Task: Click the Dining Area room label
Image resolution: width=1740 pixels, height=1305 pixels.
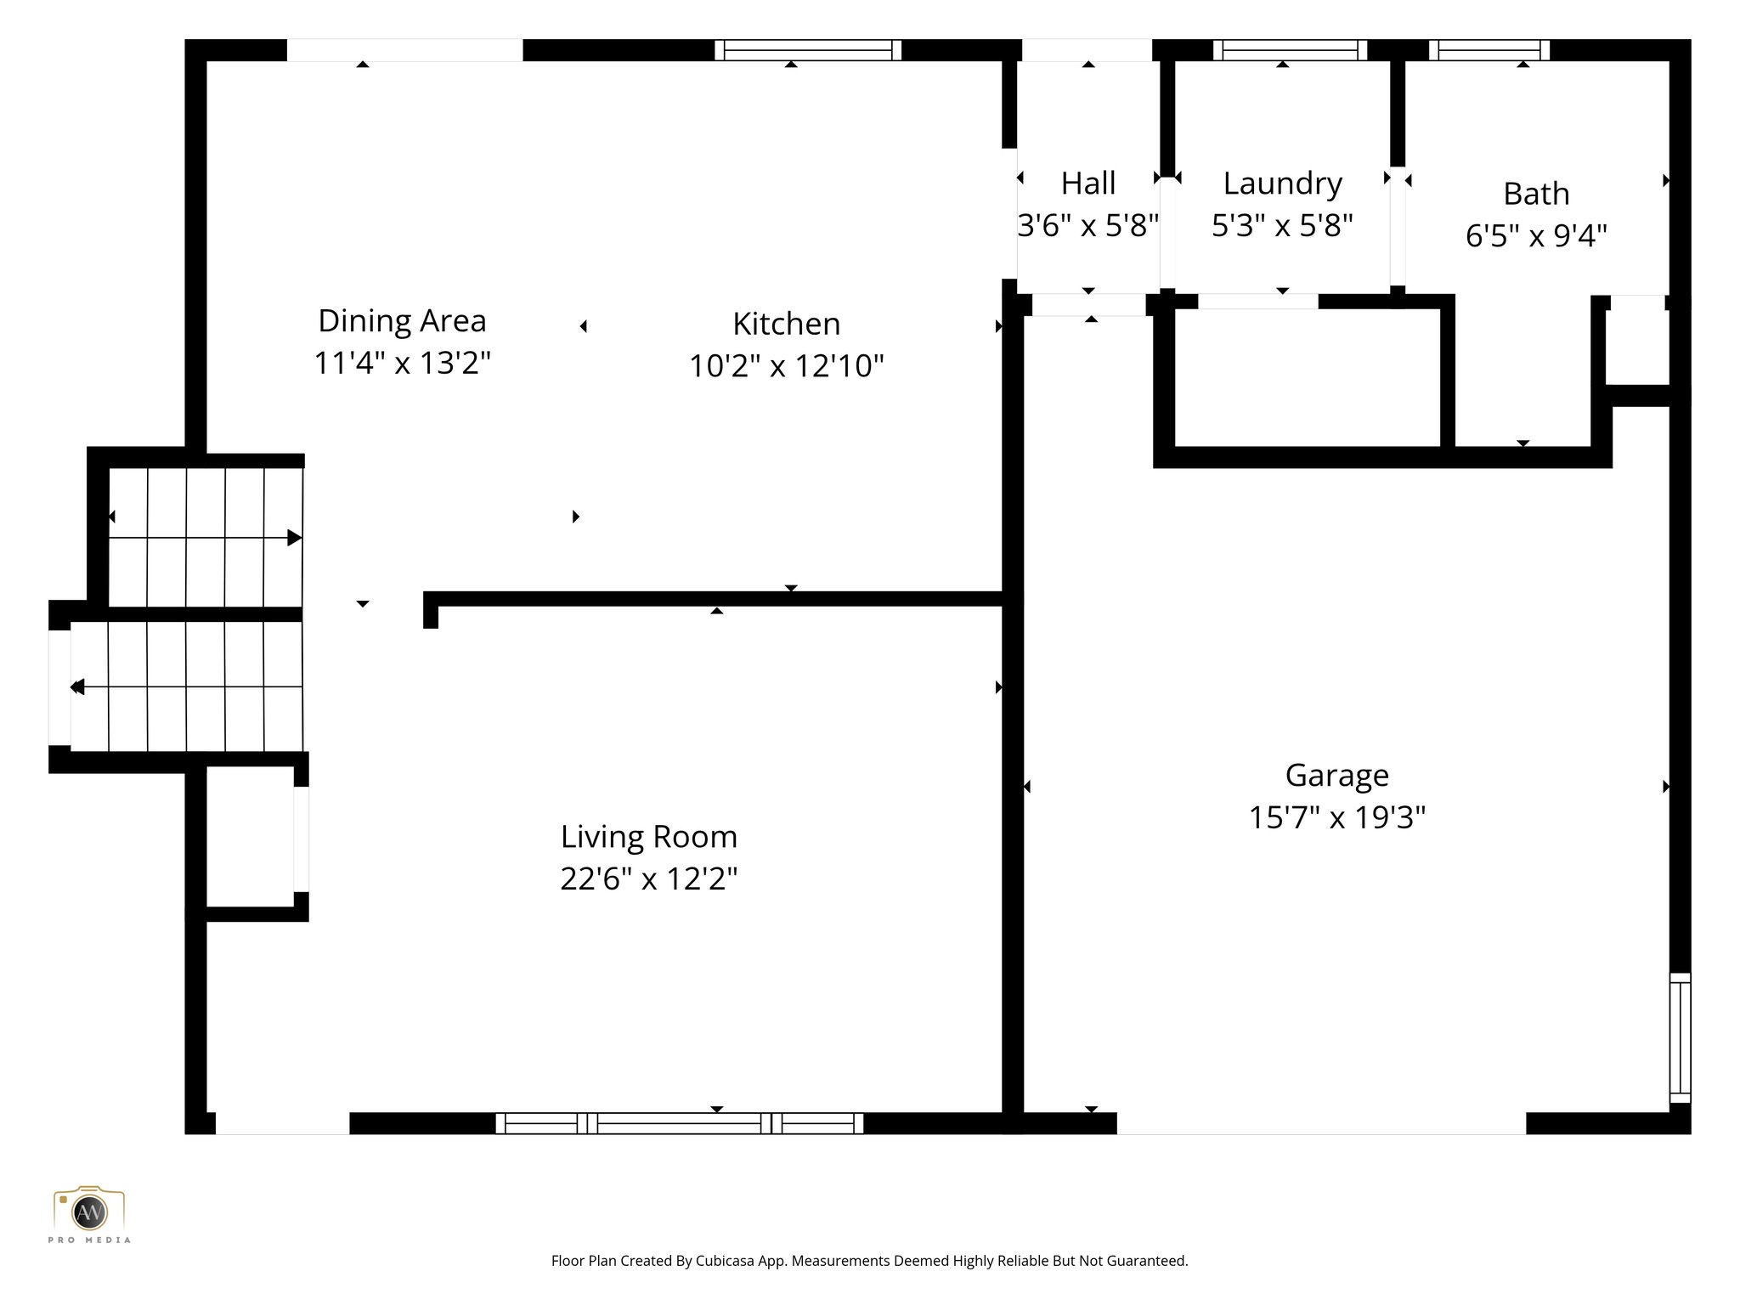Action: coord(402,321)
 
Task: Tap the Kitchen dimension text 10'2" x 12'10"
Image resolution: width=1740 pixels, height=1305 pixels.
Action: coord(786,366)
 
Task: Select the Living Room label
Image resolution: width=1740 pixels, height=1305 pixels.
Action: coord(648,837)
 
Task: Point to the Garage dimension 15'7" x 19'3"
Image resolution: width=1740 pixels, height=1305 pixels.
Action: coord(1336,817)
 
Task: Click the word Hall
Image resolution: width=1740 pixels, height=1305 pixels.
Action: coord(1088,184)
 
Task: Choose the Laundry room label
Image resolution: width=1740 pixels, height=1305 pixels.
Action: coord(1282,184)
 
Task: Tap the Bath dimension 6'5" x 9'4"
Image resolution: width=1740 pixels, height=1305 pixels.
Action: coord(1536,235)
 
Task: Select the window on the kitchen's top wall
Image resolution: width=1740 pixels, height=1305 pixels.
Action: coord(807,50)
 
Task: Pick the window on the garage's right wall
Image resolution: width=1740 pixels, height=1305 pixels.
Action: coord(1680,1037)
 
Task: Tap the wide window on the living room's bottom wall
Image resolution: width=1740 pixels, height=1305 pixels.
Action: coord(680,1123)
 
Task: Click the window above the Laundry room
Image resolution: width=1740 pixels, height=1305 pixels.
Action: coord(1290,50)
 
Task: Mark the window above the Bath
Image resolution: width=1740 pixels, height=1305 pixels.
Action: coord(1489,50)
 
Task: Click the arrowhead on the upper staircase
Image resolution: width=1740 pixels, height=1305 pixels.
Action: coord(294,538)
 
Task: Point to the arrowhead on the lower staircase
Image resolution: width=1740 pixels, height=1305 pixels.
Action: coord(77,686)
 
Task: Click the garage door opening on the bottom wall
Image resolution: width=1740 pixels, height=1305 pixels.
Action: coord(1321,1123)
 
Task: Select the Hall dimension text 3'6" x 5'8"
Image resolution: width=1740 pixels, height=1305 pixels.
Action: coord(1088,226)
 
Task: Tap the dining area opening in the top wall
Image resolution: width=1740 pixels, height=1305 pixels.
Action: coord(404,50)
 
